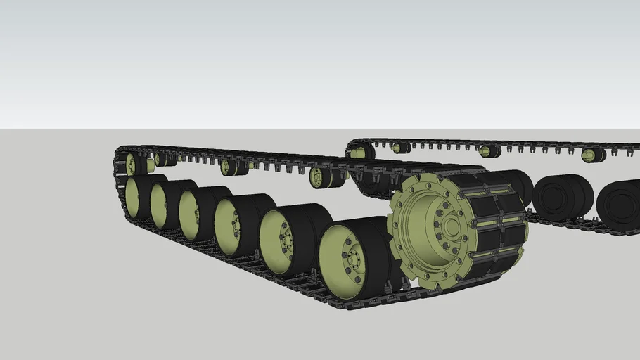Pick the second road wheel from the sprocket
click(284, 238)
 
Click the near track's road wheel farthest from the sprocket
click(135, 195)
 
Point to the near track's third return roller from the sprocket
click(163, 160)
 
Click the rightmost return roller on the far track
click(592, 155)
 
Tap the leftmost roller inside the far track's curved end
click(360, 152)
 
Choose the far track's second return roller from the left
click(402, 148)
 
